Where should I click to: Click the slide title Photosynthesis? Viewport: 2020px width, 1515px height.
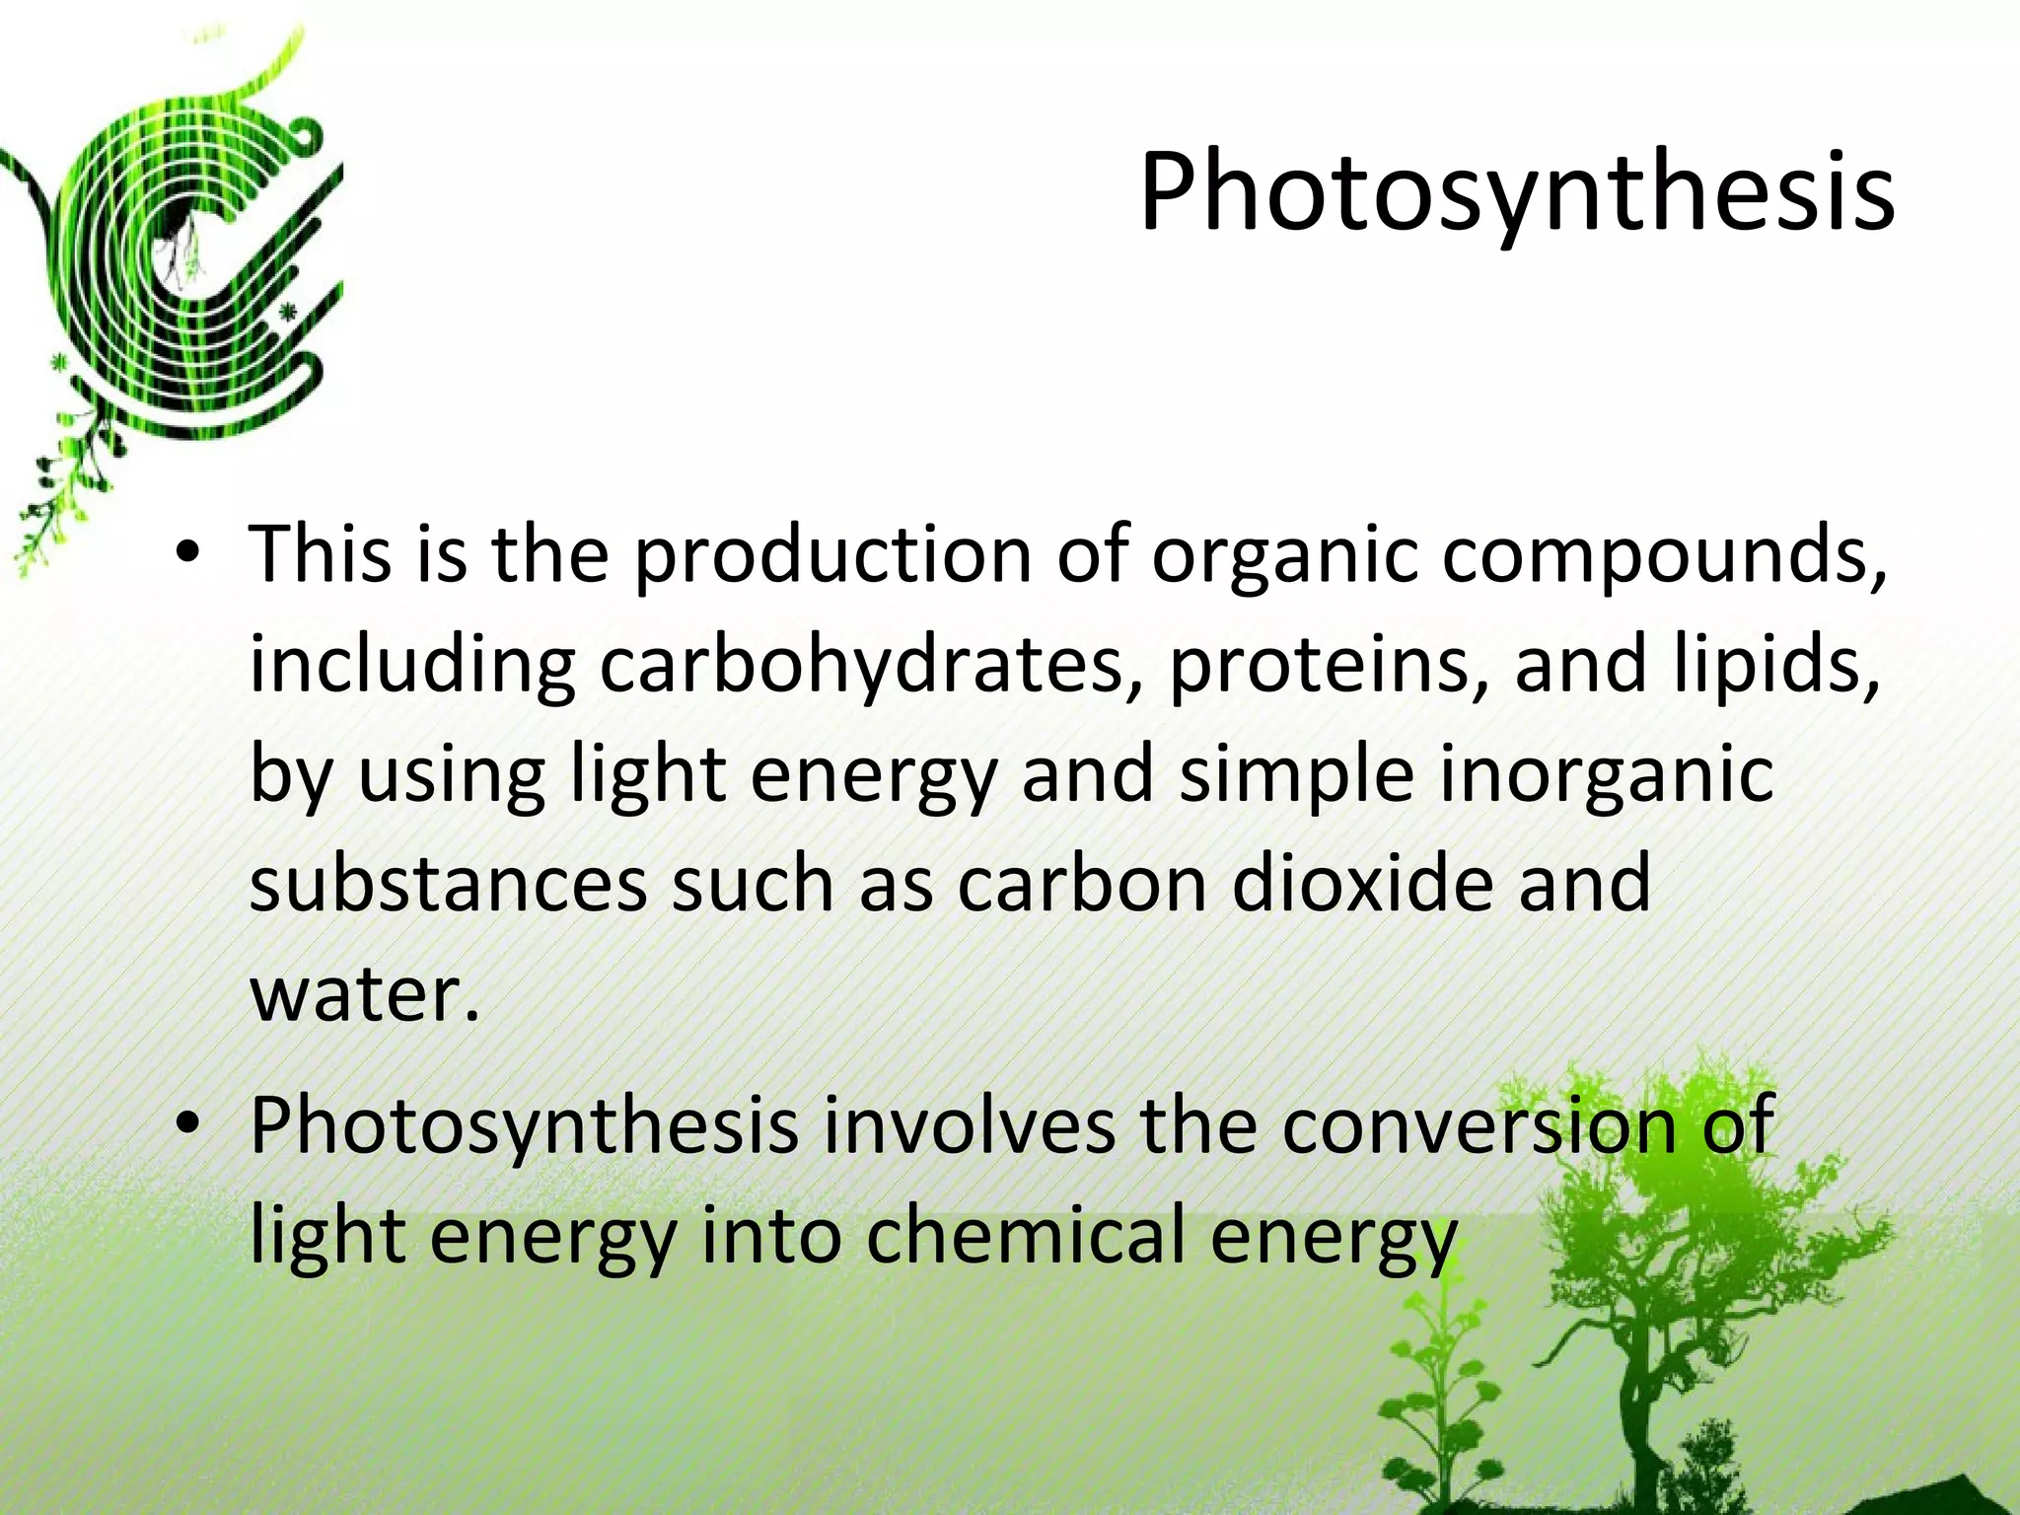[1516, 192]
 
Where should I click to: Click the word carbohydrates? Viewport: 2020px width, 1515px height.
[862, 665]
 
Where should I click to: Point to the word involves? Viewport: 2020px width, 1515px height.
[969, 1124]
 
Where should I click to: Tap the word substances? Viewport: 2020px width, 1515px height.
[448, 884]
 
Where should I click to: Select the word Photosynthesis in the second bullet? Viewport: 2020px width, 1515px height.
[523, 1126]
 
